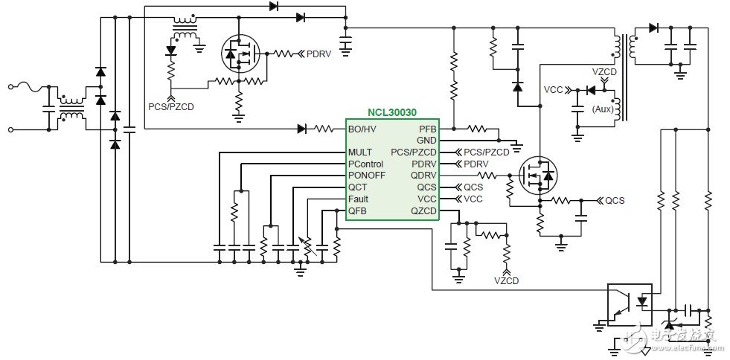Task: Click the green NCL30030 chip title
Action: tap(392, 112)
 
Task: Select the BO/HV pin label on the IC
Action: tap(362, 129)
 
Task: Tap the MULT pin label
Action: tap(360, 152)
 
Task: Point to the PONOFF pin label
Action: tap(367, 176)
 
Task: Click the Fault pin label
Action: tap(358, 199)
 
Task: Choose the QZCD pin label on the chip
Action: tap(423, 210)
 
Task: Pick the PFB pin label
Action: tap(428, 129)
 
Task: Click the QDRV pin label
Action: tap(423, 176)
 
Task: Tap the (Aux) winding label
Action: tap(603, 110)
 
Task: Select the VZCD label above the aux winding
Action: tap(604, 72)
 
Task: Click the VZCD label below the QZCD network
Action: tap(507, 281)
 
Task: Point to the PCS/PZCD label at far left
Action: tap(171, 107)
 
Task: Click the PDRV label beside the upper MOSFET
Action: tap(319, 54)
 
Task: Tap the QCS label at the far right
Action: tap(615, 201)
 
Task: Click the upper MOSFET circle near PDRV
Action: tap(240, 54)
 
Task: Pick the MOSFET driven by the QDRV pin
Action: tap(538, 176)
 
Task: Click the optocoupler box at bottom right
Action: tap(630, 305)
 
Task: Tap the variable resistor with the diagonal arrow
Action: tap(307, 246)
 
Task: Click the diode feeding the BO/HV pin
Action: tap(301, 129)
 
